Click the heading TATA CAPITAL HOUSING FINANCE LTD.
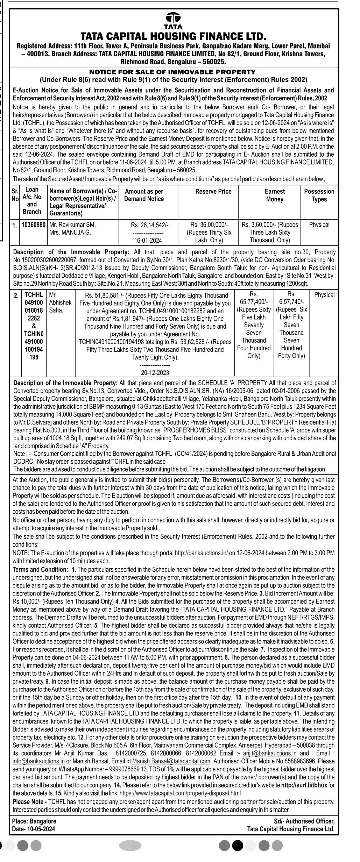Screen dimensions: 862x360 point(174,36)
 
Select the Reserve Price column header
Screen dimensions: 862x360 point(213,191)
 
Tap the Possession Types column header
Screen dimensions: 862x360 point(319,195)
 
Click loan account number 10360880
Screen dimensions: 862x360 point(34,225)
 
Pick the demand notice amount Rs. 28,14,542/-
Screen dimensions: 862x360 point(148,225)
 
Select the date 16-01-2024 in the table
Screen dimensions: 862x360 point(148,240)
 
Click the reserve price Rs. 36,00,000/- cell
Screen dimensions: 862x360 point(209,225)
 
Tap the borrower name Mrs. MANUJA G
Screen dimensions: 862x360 point(70,232)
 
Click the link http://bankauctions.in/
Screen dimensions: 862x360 point(201,553)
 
